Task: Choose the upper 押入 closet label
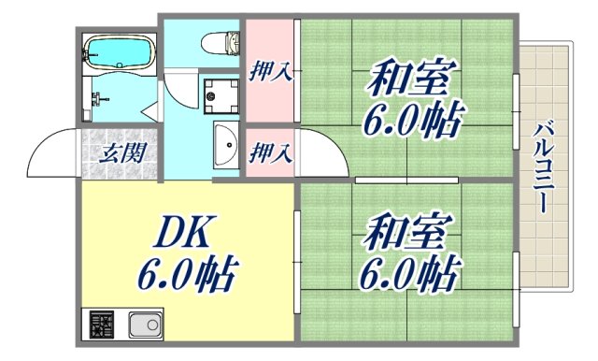(271, 70)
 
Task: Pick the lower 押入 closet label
(271, 150)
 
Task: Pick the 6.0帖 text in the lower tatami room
(411, 274)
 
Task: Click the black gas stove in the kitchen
(100, 325)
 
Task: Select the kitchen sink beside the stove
(144, 325)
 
